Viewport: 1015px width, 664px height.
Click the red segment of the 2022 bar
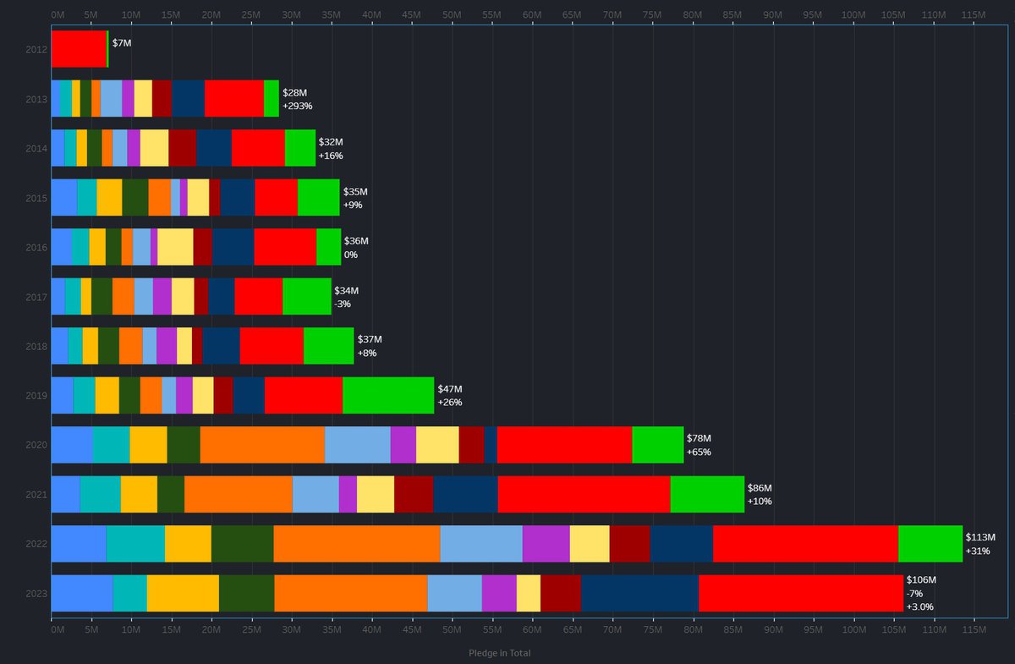click(x=805, y=543)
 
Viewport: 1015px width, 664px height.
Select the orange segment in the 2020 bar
click(x=262, y=445)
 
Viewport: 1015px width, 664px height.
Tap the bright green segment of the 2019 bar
click(x=388, y=395)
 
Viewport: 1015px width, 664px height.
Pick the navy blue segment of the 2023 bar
click(x=639, y=593)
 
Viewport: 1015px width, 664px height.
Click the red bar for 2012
click(x=79, y=49)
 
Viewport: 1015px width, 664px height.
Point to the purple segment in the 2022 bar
click(x=546, y=543)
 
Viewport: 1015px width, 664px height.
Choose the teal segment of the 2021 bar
click(x=100, y=494)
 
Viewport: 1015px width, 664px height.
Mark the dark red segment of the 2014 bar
click(x=182, y=148)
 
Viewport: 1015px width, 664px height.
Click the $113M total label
click(x=980, y=537)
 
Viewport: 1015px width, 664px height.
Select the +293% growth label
click(x=298, y=106)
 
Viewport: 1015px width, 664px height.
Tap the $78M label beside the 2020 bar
click(x=699, y=438)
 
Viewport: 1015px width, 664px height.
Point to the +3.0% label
click(x=921, y=606)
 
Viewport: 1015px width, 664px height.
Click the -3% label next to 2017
click(x=343, y=304)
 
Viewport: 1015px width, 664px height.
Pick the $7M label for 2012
click(x=122, y=42)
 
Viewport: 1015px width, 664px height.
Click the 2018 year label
click(x=36, y=346)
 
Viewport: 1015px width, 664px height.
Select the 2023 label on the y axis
click(x=36, y=593)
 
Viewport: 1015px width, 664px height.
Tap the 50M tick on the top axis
click(x=452, y=15)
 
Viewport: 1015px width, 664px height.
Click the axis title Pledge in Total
click(x=499, y=653)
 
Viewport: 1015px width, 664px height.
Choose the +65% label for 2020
click(x=699, y=452)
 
